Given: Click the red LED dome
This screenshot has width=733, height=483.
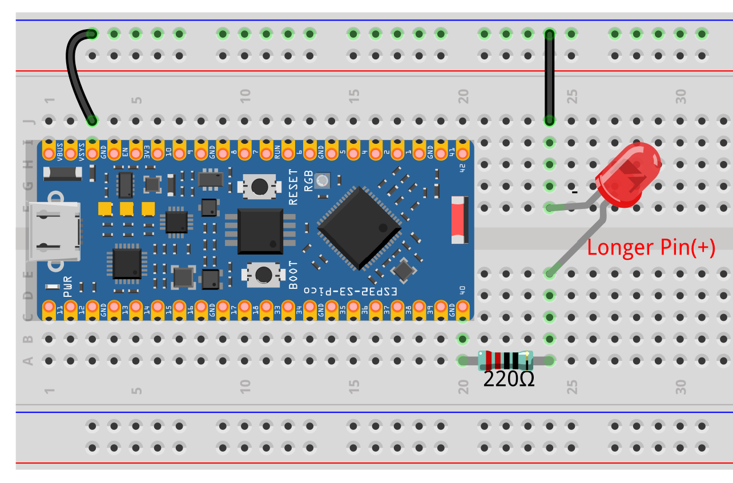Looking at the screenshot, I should click(628, 175).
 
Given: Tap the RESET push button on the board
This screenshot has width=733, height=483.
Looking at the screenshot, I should click(260, 186).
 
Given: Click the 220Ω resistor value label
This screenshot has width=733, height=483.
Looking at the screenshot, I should click(509, 379).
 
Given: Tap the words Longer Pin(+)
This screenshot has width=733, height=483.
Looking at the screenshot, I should click(651, 247).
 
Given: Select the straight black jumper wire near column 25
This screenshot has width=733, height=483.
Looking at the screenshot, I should click(549, 77).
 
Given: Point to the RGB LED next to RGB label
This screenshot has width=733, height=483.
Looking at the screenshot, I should click(323, 181).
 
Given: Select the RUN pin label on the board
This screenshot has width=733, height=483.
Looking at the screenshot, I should click(277, 151).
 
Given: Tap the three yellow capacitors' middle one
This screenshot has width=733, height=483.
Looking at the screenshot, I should click(126, 208).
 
